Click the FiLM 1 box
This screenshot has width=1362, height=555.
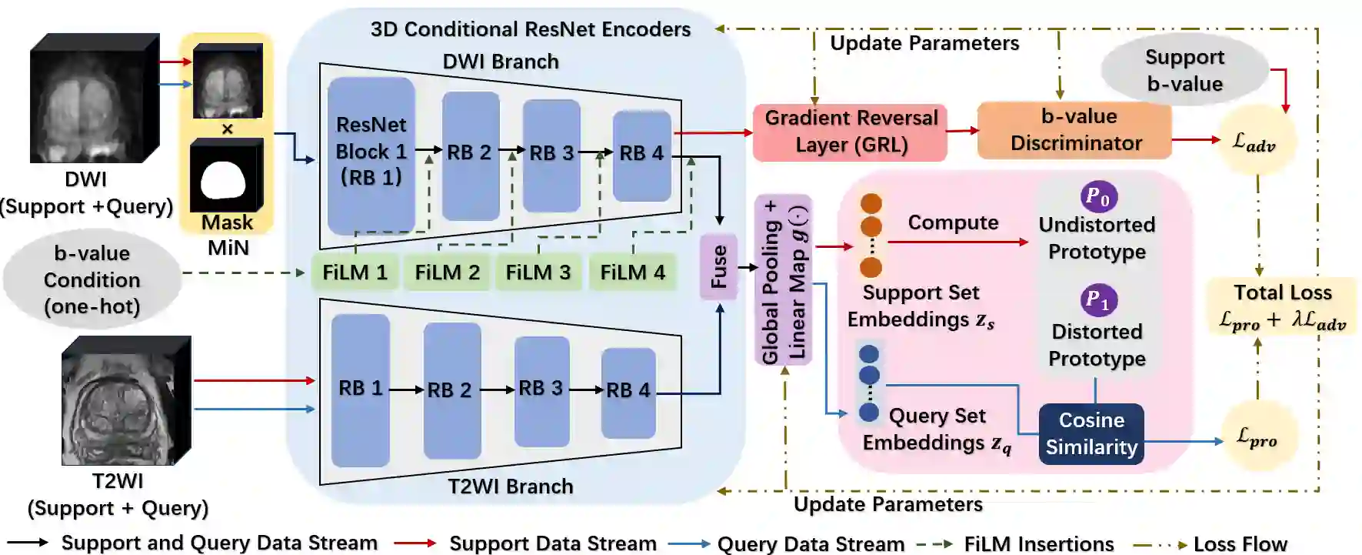355,272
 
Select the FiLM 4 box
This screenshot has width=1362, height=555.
632,272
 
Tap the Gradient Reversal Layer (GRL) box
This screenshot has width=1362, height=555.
850,132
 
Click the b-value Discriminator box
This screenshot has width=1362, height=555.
1075,130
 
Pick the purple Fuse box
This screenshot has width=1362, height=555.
718,267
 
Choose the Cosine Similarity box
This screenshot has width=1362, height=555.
1091,434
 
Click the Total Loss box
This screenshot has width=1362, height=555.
1282,306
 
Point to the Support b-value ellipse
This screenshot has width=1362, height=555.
1184,70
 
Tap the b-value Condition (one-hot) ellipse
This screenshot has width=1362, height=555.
92,279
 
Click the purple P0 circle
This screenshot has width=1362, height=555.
1099,197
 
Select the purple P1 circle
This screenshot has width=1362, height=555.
1099,300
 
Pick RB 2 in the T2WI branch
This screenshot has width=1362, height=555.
452,390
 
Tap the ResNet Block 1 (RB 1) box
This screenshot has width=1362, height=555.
371,155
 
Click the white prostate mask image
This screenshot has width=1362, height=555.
226,176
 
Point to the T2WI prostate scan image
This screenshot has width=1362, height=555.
126,400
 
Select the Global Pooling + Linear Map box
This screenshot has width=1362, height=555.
784,279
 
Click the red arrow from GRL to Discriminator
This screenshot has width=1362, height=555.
962,131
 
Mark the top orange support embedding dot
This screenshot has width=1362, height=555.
871,203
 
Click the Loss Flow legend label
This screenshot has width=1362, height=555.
1240,543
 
